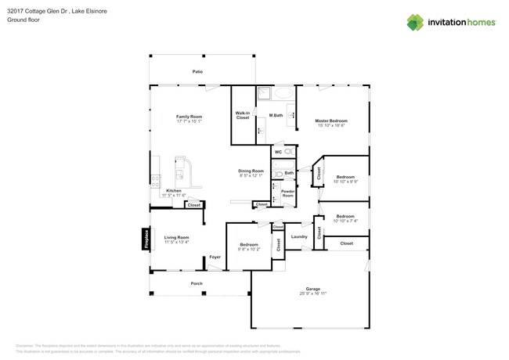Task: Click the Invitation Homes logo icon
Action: (417, 22)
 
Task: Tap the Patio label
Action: (198, 71)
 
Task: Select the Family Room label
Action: (189, 117)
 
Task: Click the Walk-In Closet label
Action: (243, 115)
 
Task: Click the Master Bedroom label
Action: (331, 121)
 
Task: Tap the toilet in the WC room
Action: (287, 151)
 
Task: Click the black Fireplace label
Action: (146, 239)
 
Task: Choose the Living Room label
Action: (176, 237)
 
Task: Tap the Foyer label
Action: (214, 257)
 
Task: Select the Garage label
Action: (312, 289)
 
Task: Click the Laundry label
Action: (298, 236)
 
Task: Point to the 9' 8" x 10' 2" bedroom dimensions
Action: (250, 249)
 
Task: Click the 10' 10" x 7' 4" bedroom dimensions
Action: (345, 221)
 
